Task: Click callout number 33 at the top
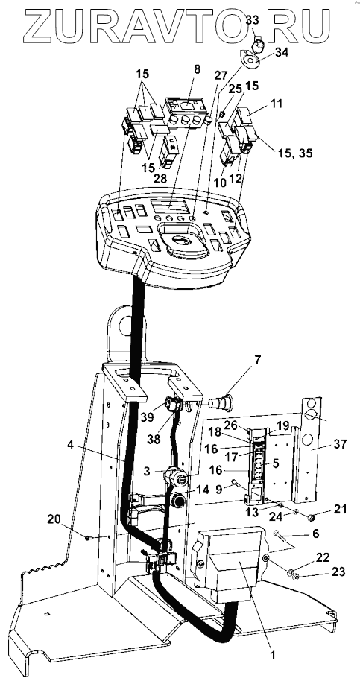point(252,20)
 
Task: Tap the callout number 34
point(282,53)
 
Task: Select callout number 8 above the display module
point(197,69)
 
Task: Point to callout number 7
point(256,361)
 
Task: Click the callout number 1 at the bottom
point(272,656)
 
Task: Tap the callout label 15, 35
point(296,153)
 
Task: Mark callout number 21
point(340,509)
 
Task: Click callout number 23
point(338,572)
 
